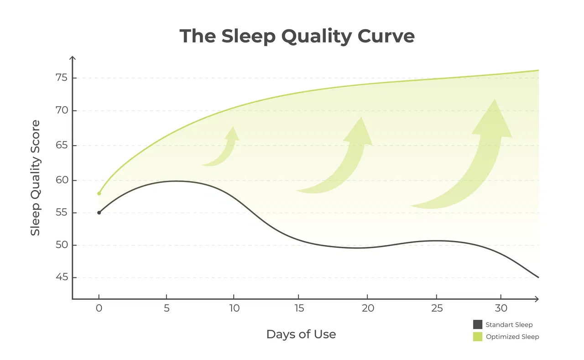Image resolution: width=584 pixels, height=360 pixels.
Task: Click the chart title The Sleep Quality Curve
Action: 297,36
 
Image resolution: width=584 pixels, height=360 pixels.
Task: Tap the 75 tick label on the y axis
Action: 62,78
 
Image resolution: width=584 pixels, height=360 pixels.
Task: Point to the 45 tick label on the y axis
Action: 62,277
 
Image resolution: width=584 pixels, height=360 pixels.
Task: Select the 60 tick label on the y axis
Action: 62,180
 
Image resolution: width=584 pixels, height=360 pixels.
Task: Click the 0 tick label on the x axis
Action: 99,308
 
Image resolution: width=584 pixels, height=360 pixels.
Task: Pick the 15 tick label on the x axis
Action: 299,308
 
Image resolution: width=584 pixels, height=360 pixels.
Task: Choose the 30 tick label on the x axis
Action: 501,308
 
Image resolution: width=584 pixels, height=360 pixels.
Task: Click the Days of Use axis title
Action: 301,334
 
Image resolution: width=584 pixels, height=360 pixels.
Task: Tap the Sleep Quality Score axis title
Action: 35,178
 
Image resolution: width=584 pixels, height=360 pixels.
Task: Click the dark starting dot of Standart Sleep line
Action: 99,213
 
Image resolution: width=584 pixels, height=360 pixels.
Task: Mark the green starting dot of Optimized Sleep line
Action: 99,193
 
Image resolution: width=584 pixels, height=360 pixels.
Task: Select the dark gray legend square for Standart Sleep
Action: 478,324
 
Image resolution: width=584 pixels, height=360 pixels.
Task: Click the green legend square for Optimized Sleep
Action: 478,337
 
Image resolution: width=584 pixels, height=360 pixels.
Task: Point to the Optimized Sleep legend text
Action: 512,337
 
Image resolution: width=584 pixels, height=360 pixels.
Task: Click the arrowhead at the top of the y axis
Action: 73,58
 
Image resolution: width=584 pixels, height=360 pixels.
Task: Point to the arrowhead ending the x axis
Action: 537,299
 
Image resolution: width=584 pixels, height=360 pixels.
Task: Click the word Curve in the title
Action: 386,36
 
